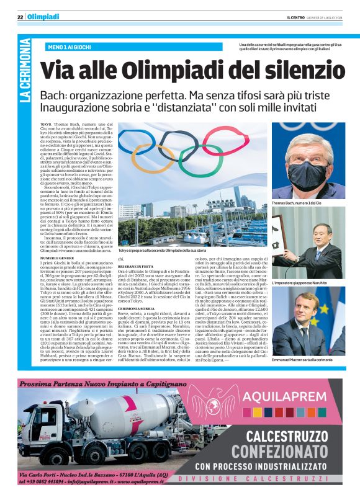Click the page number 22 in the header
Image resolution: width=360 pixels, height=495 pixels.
[x=20, y=17]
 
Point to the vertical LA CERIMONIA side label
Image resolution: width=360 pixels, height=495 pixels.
[x=25, y=79]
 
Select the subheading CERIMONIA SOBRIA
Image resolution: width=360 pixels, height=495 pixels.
[x=138, y=309]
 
